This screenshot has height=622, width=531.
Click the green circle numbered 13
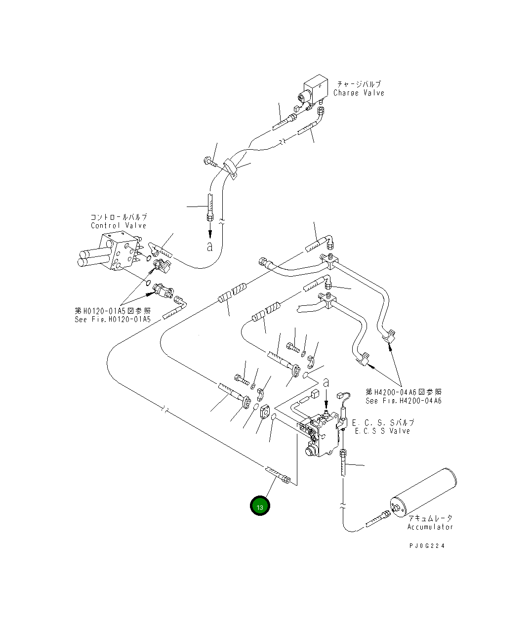pyautogui.click(x=260, y=505)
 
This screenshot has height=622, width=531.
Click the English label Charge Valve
pyautogui.click(x=359, y=93)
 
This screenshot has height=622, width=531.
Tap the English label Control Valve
pyautogui.click(x=119, y=225)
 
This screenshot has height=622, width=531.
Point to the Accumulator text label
pyautogui.click(x=430, y=527)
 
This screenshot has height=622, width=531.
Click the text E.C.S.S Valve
pyautogui.click(x=382, y=431)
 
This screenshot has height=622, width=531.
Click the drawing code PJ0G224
pyautogui.click(x=427, y=546)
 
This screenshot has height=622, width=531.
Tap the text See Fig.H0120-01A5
pyautogui.click(x=113, y=319)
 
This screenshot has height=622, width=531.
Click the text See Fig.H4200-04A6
pyautogui.click(x=403, y=401)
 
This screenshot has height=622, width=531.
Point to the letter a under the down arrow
pyautogui.click(x=210, y=247)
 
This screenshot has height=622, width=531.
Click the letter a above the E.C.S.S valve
pyautogui.click(x=326, y=383)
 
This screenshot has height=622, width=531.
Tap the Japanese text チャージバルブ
pyautogui.click(x=359, y=84)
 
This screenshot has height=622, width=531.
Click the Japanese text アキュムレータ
pyautogui.click(x=430, y=518)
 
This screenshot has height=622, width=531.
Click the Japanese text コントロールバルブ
pyautogui.click(x=119, y=217)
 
